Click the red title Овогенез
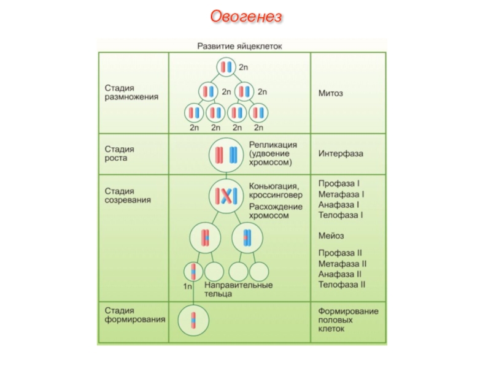pos(246,16)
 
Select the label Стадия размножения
pos(130,92)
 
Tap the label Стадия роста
pos(119,153)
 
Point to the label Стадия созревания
pos(127,196)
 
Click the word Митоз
pos(330,93)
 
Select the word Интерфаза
pos(340,153)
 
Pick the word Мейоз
pos(331,236)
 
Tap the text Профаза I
pos(338,183)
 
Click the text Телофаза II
pos(342,284)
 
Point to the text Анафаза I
pos(339,204)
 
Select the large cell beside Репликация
pos(225,155)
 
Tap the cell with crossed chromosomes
pos(225,196)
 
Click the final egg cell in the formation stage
pos(193,320)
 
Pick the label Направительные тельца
pos(238,289)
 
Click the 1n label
pos(188,286)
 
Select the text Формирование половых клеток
pos(348,320)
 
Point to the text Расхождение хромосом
pos(276,211)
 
